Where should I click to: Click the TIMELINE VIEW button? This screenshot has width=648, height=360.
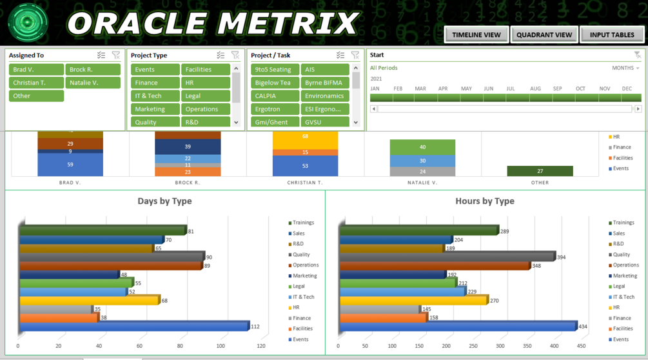pos(476,35)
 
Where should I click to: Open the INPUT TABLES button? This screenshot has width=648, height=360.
pos(612,35)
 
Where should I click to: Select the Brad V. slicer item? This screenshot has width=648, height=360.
pos(36,70)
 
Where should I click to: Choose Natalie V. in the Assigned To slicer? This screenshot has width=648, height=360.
pos(92,83)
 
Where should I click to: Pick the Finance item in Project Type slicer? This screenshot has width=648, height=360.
pos(155,83)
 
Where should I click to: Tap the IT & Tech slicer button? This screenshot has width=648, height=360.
pos(155,95)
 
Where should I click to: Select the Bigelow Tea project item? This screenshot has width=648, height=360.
pos(275,83)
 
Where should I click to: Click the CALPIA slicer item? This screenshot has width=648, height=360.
pos(275,95)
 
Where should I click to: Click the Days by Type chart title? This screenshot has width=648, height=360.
pos(164,201)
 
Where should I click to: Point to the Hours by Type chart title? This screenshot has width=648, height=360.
pos(485,201)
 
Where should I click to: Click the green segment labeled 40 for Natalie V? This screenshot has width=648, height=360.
pos(422,147)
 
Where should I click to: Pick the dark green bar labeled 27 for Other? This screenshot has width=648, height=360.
pos(540,171)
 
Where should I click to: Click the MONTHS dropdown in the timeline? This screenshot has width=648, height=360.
pos(625,68)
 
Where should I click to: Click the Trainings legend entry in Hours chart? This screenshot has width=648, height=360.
pos(623,223)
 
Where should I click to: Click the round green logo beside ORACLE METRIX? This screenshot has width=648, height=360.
pos(28,23)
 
